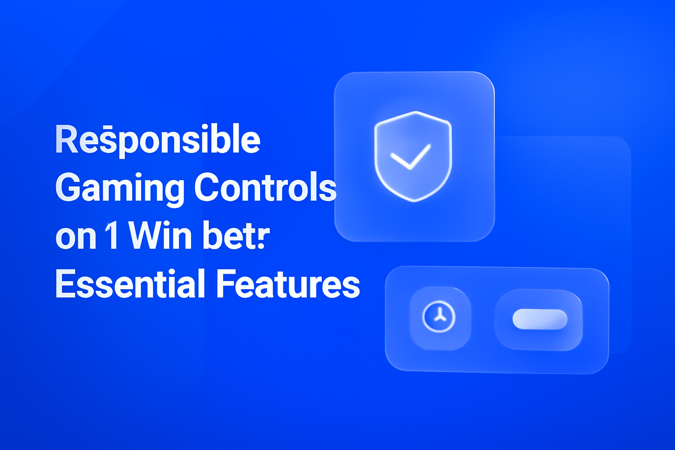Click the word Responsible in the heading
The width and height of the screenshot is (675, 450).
pyautogui.click(x=158, y=140)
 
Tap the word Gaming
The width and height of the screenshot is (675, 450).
pyautogui.click(x=120, y=188)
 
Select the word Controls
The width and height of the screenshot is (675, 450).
pyautogui.click(x=265, y=188)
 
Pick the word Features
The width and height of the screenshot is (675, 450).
pyautogui.click(x=288, y=284)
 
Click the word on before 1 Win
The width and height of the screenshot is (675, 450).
pyautogui.click(x=76, y=237)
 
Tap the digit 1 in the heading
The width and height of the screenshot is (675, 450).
pyautogui.click(x=112, y=236)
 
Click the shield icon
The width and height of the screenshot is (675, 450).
pyautogui.click(x=413, y=156)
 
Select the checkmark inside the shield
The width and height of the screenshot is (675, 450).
pyautogui.click(x=410, y=156)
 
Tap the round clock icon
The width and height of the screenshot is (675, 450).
pyautogui.click(x=439, y=317)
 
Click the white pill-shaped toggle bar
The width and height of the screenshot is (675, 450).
pyautogui.click(x=540, y=319)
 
